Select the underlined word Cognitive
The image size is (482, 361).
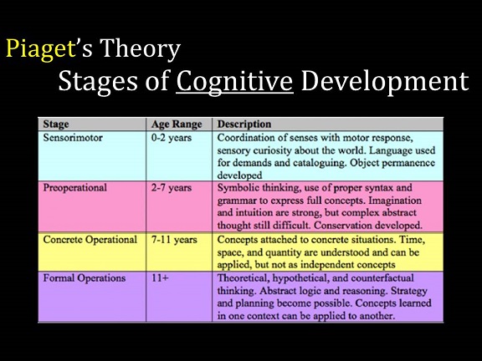(x=234, y=82)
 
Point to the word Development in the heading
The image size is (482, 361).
(x=385, y=82)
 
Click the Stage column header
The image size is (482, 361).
(x=55, y=124)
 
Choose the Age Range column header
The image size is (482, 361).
(x=177, y=124)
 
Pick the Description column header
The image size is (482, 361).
(x=244, y=124)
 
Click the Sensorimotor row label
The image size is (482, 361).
(x=73, y=138)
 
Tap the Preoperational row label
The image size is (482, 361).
(x=75, y=188)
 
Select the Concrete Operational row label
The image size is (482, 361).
(x=90, y=240)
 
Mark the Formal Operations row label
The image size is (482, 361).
(x=85, y=278)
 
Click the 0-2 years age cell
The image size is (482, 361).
(x=172, y=138)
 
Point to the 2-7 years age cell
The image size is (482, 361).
(x=172, y=188)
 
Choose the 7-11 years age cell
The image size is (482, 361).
(x=174, y=240)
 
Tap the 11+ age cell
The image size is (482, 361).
(x=160, y=278)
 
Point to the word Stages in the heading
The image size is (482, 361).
(x=98, y=82)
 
